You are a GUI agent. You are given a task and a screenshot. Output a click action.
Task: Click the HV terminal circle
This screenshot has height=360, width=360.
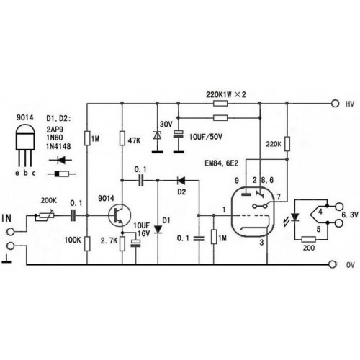tap(335, 104)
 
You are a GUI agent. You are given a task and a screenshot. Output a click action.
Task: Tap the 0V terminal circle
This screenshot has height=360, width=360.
tap(333, 264)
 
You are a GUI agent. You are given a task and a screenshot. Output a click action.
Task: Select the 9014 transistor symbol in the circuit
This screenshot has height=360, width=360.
tap(120, 215)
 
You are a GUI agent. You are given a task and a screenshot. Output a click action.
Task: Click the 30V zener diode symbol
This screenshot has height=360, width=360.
tap(158, 135)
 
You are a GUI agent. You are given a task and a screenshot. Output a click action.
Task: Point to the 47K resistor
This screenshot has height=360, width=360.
tap(122, 138)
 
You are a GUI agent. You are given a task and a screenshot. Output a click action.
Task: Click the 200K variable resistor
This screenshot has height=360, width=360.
tap(45, 216)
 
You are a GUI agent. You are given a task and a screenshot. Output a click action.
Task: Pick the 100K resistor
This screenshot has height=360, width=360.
tap(87, 243)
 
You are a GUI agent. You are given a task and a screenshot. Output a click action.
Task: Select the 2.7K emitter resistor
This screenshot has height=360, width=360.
tap(122, 243)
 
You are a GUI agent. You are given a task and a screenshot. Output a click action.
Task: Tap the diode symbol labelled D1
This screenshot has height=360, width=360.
tap(158, 229)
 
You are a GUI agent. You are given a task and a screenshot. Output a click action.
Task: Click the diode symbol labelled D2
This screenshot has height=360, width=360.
tap(181, 180)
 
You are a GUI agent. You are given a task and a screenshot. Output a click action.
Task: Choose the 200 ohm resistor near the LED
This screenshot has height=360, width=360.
tap(308, 239)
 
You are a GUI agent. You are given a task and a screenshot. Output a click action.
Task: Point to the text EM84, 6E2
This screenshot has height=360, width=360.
tap(221, 163)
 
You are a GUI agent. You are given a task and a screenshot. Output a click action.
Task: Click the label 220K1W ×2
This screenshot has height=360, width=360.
tap(226, 94)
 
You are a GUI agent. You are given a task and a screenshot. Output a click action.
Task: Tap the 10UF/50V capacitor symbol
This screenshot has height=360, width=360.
tap(179, 134)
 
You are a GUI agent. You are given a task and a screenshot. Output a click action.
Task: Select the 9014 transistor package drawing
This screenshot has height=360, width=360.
tap(25, 145)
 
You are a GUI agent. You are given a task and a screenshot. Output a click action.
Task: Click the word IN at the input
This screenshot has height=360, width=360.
tap(6, 218)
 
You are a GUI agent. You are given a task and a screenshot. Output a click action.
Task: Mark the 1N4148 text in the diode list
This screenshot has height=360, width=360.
tap(58, 146)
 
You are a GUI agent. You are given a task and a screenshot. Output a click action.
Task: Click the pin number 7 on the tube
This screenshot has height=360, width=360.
tap(279, 197)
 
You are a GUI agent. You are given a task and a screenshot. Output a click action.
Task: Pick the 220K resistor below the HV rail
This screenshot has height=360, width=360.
tap(287, 143)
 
